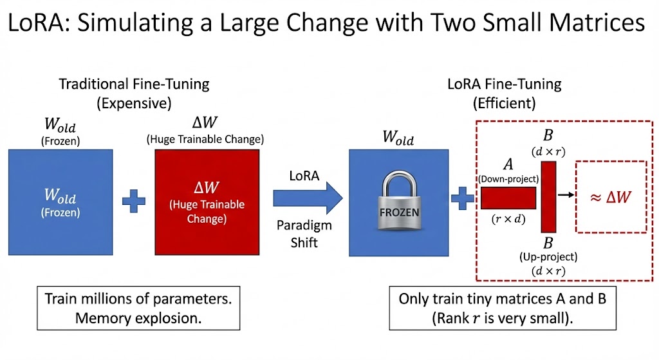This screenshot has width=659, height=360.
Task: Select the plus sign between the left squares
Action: coord(134,200)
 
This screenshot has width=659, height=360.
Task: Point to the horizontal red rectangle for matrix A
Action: coord(508,198)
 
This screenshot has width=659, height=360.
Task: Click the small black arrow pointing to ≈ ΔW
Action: coord(566,193)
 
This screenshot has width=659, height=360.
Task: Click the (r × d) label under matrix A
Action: coord(508,218)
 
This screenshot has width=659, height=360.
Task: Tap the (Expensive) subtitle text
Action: coord(134,103)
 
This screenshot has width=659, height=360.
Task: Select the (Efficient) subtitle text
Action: coord(504,103)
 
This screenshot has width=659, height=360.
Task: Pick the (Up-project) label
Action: coord(548,257)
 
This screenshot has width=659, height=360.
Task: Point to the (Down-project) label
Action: coord(508,178)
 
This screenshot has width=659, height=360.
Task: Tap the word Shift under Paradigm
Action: coord(304,243)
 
